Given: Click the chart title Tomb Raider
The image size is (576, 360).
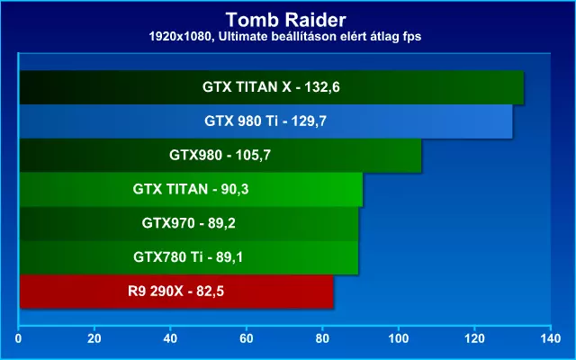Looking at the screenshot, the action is coord(285,20).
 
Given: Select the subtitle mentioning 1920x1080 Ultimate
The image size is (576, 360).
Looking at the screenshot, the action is coord(285,36).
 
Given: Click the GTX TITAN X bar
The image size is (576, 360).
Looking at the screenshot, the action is coord(272,87).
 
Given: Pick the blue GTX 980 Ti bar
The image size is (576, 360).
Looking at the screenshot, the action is coord(266,121).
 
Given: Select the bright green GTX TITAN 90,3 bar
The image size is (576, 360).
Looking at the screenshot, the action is coord(191,190).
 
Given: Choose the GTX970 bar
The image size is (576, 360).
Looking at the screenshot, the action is coord(189,223).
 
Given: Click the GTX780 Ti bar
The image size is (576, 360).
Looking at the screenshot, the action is coord(189,257).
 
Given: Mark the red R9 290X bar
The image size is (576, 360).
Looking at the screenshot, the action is coord(176,292).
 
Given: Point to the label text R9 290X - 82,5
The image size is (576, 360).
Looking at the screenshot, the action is coord(175,292).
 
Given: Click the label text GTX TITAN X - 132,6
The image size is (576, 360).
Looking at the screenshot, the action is coord(271,87).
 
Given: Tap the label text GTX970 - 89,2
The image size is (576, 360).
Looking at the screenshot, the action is coord(188,223).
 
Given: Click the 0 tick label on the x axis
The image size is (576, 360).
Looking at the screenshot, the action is coord(18,338).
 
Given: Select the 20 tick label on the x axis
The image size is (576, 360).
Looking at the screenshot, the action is coord(94,338).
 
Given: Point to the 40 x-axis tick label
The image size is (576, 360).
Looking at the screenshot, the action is coord(170,338).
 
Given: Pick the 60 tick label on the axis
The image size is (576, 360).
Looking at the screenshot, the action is coord(246,338).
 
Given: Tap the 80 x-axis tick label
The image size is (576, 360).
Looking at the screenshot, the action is coord(322,338).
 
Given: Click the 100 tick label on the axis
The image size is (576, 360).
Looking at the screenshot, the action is coord(399,338).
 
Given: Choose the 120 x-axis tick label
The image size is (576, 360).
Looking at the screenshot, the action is coord(474,338).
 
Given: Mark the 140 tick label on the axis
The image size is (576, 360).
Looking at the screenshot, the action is coord(551,338).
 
